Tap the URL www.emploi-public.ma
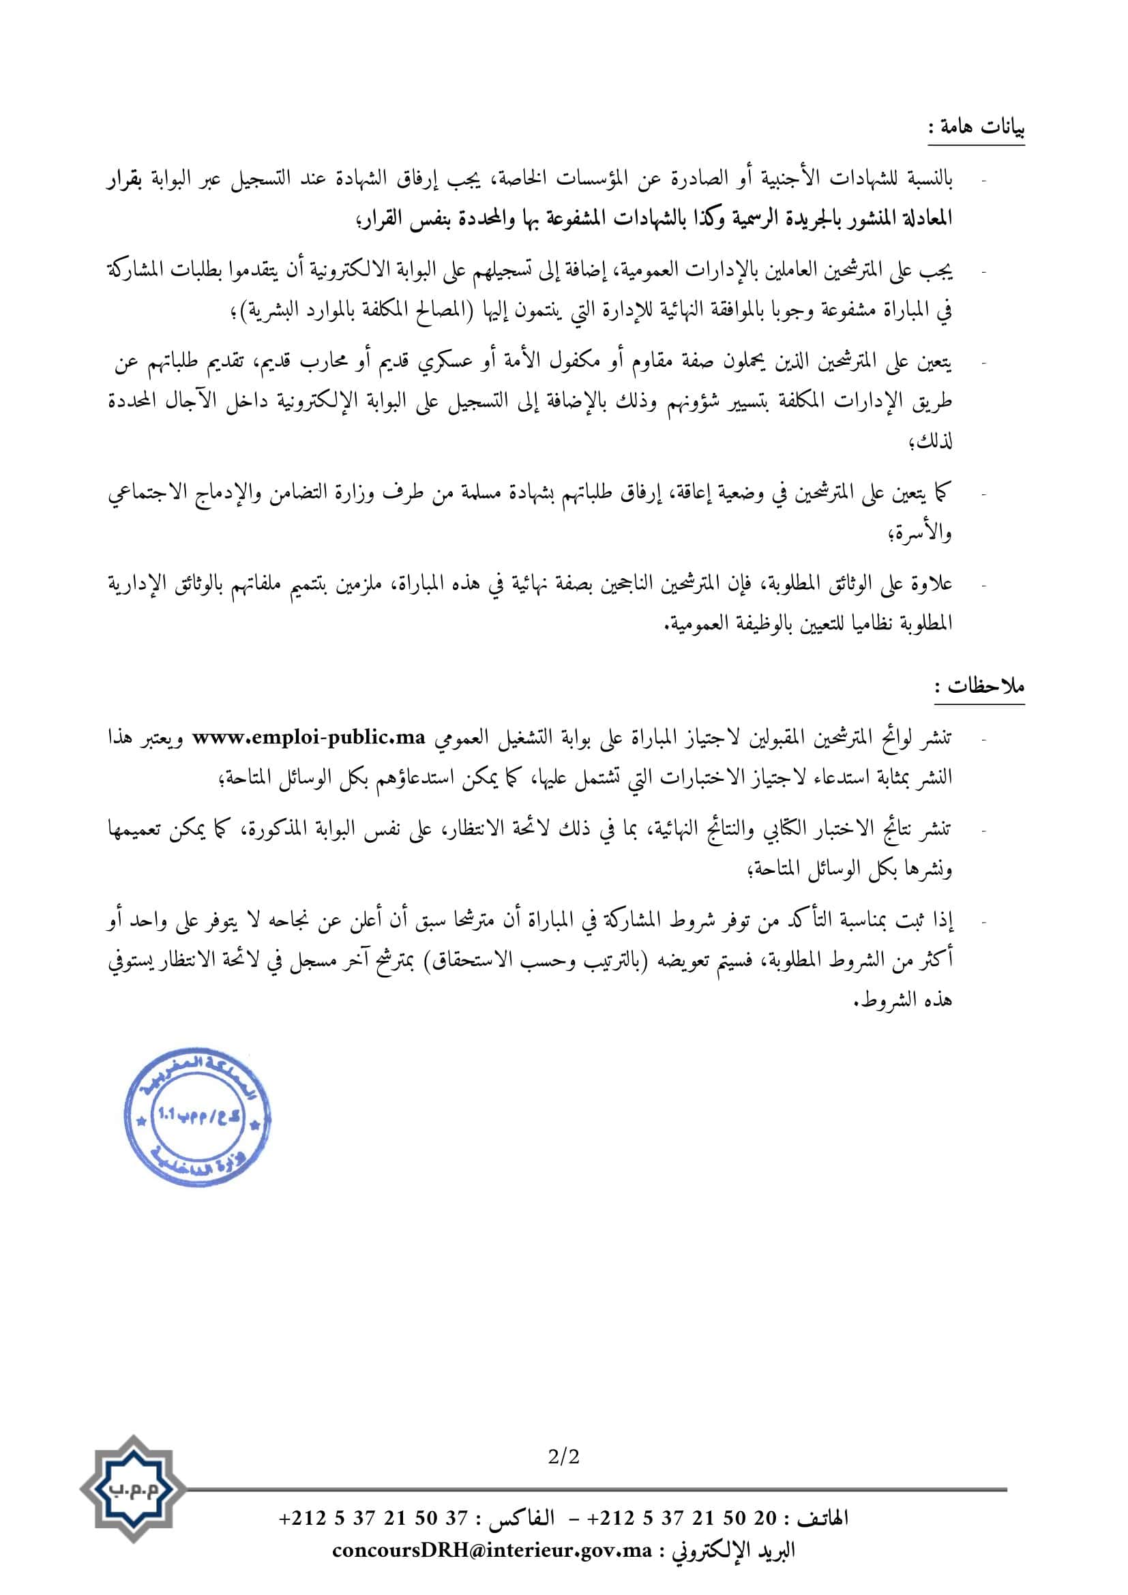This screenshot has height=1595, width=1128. tap(309, 738)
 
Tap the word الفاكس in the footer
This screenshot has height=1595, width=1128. tap(522, 1517)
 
